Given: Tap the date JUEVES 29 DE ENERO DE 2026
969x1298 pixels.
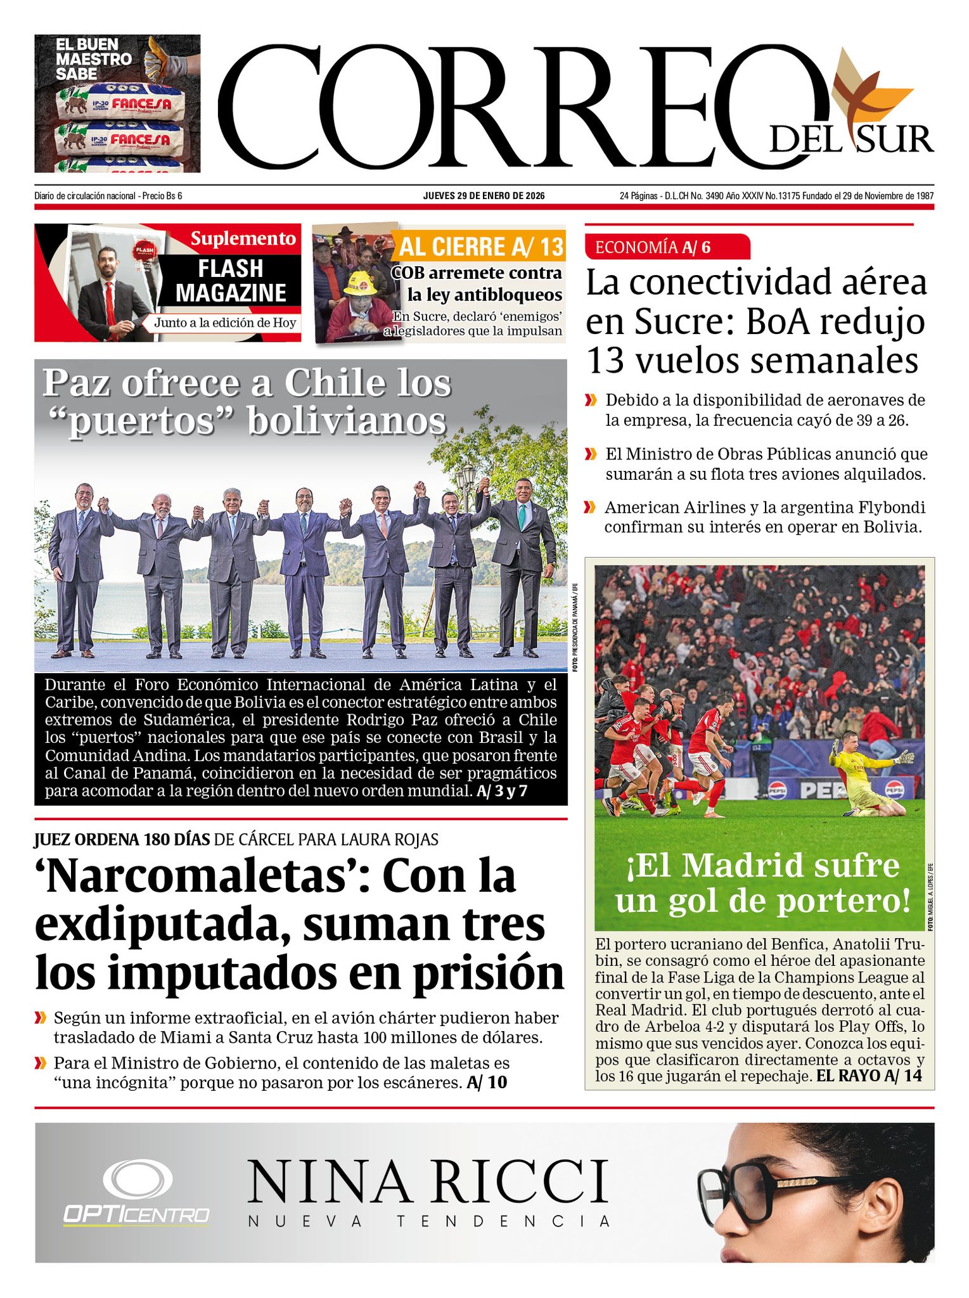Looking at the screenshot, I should tap(484, 196).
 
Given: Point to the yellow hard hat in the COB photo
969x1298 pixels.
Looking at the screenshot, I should tap(360, 283).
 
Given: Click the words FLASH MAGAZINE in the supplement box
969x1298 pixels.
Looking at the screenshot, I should tap(231, 281).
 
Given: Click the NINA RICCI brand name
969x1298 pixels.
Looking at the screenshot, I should tap(428, 1182).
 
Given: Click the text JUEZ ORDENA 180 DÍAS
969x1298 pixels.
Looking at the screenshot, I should tap(122, 839).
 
